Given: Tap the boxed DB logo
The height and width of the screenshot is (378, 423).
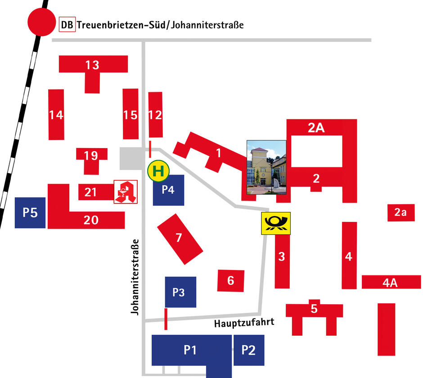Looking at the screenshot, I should [x=67, y=25].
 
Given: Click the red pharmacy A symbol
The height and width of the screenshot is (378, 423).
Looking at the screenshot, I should [x=126, y=192].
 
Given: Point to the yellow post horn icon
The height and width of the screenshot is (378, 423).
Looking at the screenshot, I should [x=276, y=223].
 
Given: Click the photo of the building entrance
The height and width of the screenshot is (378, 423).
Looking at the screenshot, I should [x=266, y=167].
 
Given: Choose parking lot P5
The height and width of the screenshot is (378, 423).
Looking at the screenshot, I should [x=30, y=212].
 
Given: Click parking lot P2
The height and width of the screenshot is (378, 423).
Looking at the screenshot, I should [x=248, y=350].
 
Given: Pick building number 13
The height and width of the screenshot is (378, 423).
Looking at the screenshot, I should [x=93, y=65].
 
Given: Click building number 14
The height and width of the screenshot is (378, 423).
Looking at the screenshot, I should [x=56, y=115].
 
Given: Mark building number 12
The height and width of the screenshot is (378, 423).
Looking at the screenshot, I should [x=155, y=115].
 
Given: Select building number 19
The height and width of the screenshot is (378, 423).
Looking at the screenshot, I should [x=91, y=156].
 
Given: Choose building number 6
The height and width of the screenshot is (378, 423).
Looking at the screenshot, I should [x=231, y=281].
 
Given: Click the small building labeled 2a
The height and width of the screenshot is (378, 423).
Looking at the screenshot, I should [x=401, y=212].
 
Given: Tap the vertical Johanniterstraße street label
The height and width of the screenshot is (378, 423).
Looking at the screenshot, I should [x=134, y=276].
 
